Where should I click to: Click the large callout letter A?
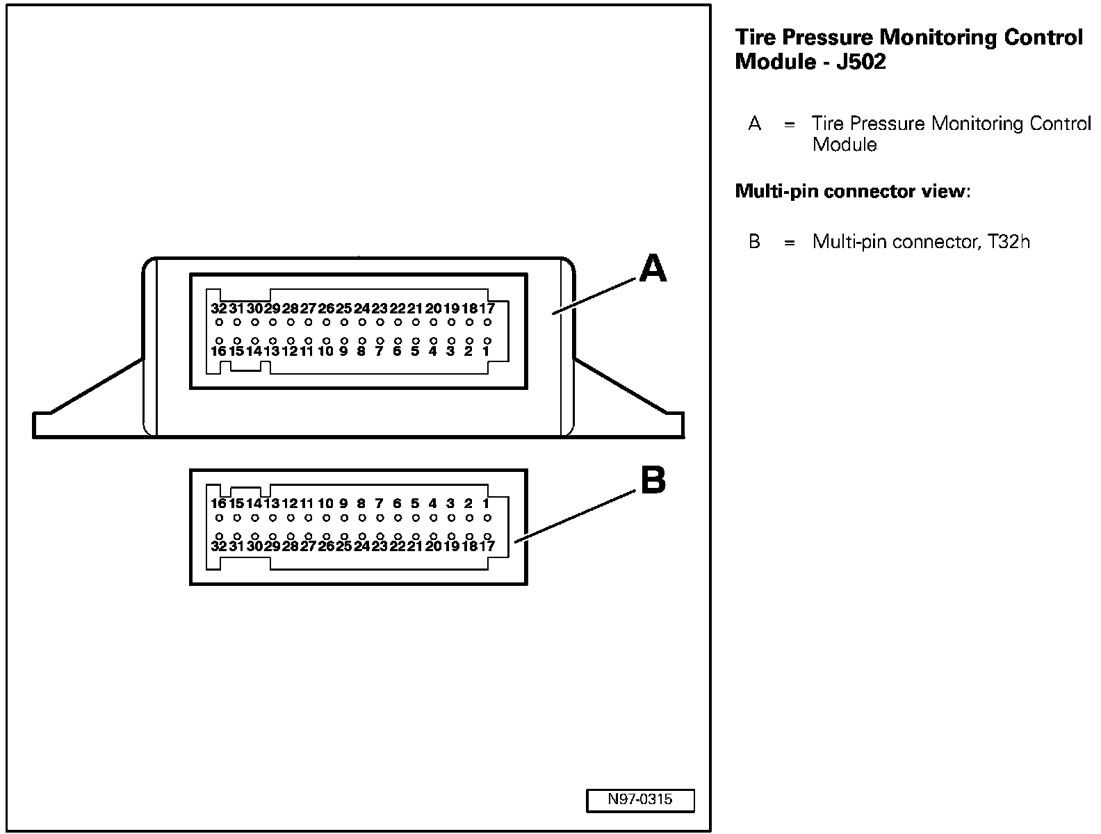point(652,269)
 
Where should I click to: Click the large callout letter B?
point(652,480)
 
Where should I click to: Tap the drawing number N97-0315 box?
point(639,800)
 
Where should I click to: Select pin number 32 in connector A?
point(218,309)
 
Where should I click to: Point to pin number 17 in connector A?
point(487,309)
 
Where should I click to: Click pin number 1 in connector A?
point(486,352)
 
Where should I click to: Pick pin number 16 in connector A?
point(218,352)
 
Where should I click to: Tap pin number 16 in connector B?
point(218,504)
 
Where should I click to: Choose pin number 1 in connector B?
point(486,504)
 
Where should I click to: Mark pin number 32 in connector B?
point(218,546)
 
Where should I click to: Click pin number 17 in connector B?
point(487,546)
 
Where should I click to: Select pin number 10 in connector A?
point(325,352)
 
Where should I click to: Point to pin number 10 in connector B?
point(325,504)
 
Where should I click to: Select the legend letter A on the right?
point(755,124)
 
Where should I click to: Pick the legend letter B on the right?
point(755,242)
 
